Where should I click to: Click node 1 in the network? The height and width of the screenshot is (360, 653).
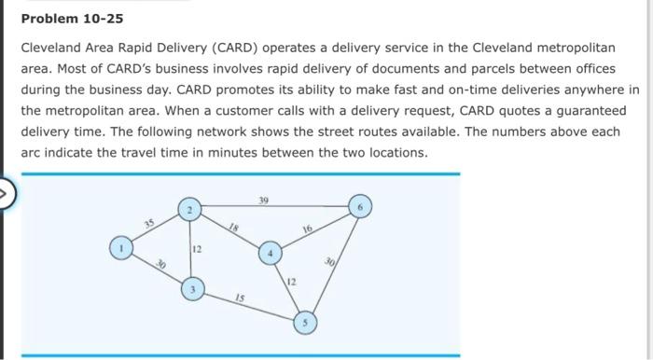(119, 247)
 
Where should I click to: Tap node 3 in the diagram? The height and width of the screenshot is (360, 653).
(193, 287)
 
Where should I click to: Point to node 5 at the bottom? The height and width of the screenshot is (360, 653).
(305, 323)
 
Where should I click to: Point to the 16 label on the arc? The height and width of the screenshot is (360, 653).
(306, 228)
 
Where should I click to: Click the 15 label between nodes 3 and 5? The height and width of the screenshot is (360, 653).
(241, 298)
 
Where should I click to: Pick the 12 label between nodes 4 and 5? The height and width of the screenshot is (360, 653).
(291, 281)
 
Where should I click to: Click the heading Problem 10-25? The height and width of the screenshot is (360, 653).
(72, 19)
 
